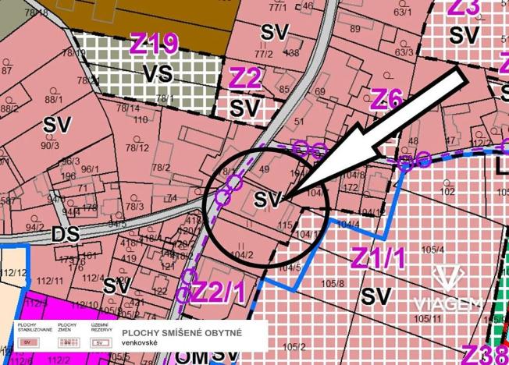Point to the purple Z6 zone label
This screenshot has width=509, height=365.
coord(386,99)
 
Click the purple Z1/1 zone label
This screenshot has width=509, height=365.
coord(379,257)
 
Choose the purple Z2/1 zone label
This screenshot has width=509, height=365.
coord(219,291)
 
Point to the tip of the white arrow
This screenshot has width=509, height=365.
coord(283,200)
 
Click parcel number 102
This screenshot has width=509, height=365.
coord(447,190)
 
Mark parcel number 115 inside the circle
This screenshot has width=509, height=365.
coord(284,225)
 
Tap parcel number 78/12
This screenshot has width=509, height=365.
coord(137,147)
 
